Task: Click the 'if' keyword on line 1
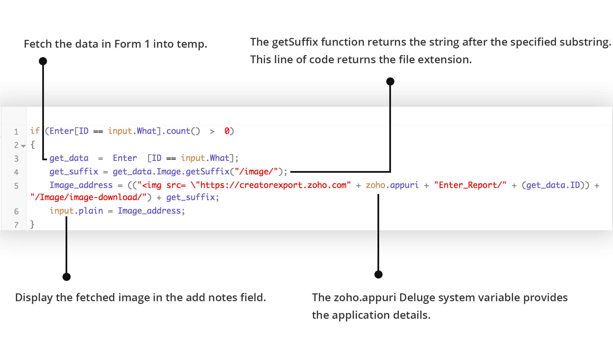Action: click(x=35, y=131)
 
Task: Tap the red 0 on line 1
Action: click(x=227, y=131)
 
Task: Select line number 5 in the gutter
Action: click(x=16, y=186)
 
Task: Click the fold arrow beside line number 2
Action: click(x=23, y=146)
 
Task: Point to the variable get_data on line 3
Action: click(x=69, y=158)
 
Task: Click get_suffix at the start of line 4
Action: click(x=74, y=172)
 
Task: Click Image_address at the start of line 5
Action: click(x=81, y=185)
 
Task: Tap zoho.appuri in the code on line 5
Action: click(x=392, y=185)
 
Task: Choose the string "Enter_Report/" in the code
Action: click(x=470, y=185)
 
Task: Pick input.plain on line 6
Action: click(x=76, y=211)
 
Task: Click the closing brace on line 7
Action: click(x=32, y=224)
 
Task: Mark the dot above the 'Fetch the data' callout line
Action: click(x=43, y=61)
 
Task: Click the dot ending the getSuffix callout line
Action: click(x=390, y=81)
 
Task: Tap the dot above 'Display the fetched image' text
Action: click(x=67, y=277)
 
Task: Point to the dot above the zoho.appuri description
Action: click(x=378, y=274)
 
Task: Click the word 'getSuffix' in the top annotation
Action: click(x=295, y=42)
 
